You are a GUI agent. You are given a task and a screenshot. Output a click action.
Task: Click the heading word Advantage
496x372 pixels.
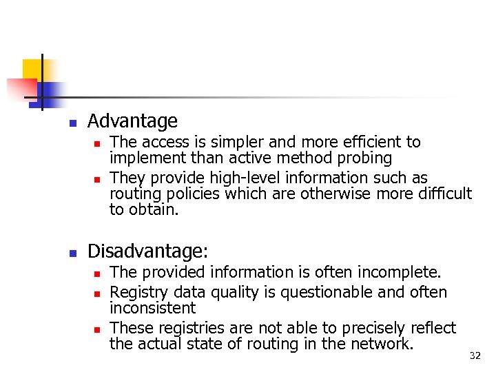coord(132,122)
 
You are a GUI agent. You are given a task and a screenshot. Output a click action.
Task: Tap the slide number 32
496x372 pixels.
coord(475,355)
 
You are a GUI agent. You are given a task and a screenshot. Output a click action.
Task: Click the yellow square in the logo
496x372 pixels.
coord(32,70)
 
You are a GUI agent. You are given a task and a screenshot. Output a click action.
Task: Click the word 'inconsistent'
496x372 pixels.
coord(152,308)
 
